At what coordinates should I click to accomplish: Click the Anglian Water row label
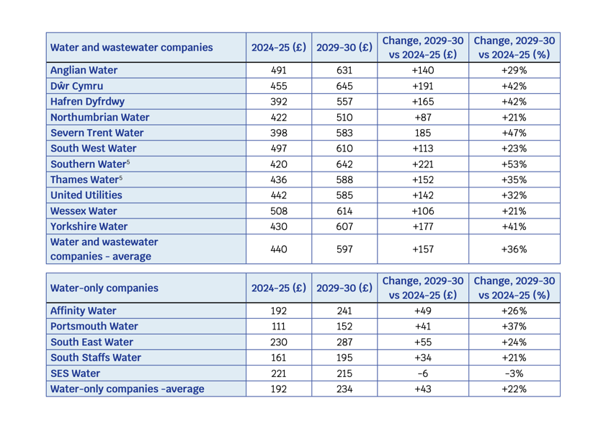[x=84, y=70]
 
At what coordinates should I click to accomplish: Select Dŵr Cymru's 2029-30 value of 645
[x=344, y=86]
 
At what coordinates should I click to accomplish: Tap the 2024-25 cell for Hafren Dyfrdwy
[x=279, y=102]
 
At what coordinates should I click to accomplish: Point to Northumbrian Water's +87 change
[x=423, y=118]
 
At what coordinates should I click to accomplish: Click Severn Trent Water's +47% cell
[x=514, y=133]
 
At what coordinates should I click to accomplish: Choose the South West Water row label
[x=94, y=148]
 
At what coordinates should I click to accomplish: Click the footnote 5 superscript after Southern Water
[x=128, y=162]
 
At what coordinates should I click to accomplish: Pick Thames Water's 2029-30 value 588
[x=344, y=180]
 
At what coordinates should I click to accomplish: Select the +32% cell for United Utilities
[x=514, y=195]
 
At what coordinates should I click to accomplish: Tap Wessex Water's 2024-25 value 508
[x=279, y=211]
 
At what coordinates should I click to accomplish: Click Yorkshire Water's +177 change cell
[x=423, y=226]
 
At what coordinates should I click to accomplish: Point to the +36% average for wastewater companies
[x=514, y=249]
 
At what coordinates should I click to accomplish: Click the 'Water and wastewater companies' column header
[x=131, y=47]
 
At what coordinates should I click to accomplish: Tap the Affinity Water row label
[x=83, y=311]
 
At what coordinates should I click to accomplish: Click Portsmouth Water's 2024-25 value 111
[x=279, y=326]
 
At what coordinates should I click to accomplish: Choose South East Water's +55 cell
[x=423, y=342]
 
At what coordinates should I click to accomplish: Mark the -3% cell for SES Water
[x=514, y=373]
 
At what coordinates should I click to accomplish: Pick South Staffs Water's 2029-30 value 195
[x=344, y=358]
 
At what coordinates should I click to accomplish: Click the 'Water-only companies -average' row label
[x=127, y=389]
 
